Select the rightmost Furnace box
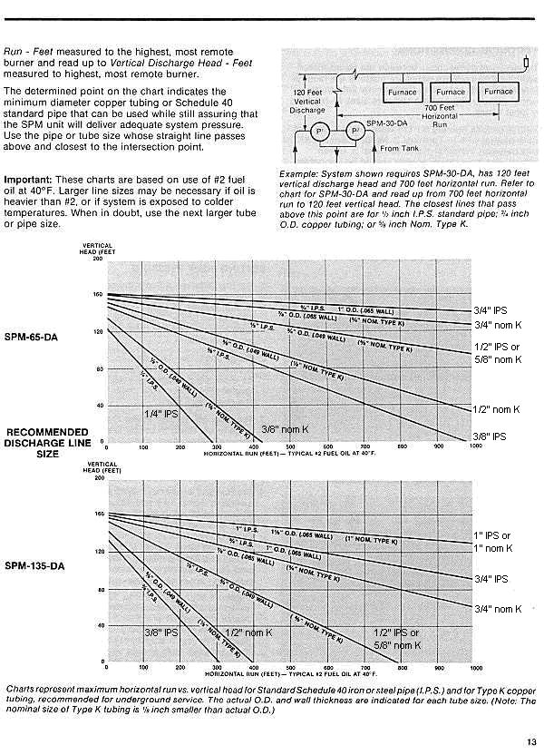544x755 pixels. point(498,93)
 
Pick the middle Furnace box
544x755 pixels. point(449,93)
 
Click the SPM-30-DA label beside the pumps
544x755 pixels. point(384,123)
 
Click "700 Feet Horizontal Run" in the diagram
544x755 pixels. point(440,116)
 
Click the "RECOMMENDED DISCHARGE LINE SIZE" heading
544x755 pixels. point(47,442)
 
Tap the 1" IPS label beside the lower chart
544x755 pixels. point(492,535)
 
